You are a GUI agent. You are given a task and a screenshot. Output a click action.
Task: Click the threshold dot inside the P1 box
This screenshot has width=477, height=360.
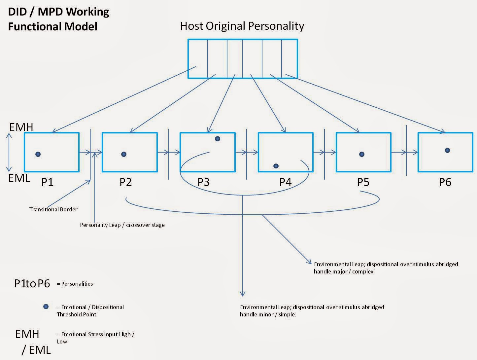click(x=38, y=154)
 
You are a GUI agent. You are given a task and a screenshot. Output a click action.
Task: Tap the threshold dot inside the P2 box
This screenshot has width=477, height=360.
click(x=124, y=154)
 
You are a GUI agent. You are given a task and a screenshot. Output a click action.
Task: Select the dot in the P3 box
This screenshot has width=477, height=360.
click(x=217, y=139)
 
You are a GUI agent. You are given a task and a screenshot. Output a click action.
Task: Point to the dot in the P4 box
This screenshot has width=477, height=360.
click(x=276, y=166)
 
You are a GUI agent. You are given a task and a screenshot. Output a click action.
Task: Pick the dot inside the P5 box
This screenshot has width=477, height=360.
click(x=361, y=154)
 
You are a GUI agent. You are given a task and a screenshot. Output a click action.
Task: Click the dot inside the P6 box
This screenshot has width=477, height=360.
click(x=447, y=150)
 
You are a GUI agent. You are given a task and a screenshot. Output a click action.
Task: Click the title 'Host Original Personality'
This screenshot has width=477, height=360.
click(x=242, y=26)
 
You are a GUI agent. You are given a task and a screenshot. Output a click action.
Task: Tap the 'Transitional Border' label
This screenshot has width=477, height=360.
click(x=53, y=209)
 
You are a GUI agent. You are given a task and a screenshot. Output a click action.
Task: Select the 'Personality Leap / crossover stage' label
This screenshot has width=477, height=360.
click(x=122, y=225)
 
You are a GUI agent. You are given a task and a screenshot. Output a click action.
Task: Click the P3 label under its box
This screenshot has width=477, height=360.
click(x=203, y=182)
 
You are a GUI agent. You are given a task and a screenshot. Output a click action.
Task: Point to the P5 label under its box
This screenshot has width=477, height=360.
click(x=363, y=182)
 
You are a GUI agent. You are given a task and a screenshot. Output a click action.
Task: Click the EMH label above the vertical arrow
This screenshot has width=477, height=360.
click(x=21, y=127)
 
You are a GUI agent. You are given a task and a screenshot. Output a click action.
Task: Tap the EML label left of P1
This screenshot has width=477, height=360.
click(x=19, y=178)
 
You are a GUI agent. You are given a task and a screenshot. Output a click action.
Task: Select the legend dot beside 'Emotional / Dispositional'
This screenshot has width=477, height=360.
click(x=46, y=306)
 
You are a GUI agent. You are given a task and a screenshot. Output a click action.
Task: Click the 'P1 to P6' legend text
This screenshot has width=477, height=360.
click(x=32, y=283)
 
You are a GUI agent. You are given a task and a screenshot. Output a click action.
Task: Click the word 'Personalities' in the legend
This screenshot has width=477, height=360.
click(x=77, y=284)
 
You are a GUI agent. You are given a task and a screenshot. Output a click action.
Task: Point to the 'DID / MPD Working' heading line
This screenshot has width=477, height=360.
click(x=58, y=12)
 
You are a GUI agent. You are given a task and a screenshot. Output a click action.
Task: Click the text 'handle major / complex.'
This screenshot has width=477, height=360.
click(x=344, y=271)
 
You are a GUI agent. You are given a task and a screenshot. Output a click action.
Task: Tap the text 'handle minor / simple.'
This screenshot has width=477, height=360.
click(x=268, y=314)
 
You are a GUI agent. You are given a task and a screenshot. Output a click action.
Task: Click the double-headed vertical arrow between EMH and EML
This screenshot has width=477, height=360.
click(x=9, y=152)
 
